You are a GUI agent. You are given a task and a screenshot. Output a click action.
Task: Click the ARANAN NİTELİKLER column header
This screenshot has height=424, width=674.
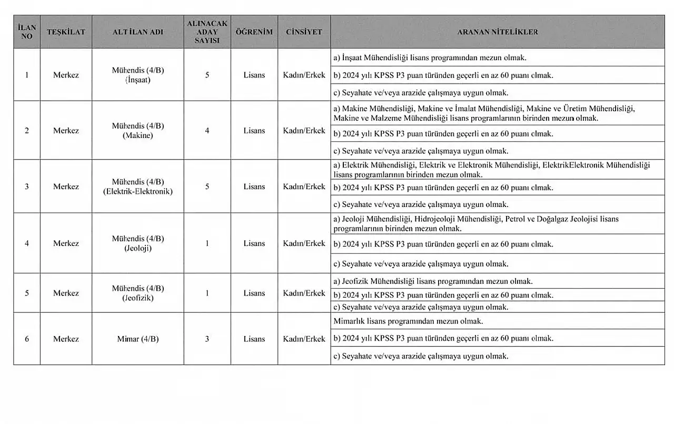pos(497,32)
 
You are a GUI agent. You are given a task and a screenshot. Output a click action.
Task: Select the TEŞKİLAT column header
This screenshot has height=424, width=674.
pos(66,32)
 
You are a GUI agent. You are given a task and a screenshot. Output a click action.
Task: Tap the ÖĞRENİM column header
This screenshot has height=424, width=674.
pos(254,32)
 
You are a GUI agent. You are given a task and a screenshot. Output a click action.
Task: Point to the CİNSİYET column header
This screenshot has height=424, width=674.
pos(304,32)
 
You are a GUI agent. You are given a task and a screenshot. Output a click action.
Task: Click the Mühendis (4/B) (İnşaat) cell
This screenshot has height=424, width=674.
pos(138,75)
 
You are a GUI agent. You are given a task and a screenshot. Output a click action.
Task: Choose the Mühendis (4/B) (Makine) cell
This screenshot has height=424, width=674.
pos(138,131)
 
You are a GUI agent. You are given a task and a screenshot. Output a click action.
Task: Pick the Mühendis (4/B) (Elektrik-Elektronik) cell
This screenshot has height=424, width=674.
pos(138,186)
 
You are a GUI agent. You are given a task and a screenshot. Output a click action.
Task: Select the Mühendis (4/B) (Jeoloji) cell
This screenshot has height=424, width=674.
pos(138,243)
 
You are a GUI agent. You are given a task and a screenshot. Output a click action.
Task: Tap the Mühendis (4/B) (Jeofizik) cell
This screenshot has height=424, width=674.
pos(138,293)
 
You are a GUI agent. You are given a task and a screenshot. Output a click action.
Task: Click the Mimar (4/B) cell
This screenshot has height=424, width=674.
pos(138,339)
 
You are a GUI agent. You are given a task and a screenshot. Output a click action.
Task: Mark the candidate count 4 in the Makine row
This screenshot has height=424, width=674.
pos(207,131)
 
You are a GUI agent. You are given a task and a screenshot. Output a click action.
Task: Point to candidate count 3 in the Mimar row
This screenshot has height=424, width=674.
pos(207,339)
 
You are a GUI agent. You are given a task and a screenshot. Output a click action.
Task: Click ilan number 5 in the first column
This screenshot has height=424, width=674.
pos(27,293)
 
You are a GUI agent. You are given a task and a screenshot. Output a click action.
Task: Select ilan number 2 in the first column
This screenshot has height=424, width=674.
pos(27,131)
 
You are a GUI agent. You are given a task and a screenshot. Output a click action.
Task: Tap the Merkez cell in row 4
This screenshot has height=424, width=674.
pos(66,243)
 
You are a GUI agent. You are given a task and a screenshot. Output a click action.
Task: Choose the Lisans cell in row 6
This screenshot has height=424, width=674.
pos(254,339)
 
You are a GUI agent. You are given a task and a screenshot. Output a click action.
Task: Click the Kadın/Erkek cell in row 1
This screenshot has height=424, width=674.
pos(304,75)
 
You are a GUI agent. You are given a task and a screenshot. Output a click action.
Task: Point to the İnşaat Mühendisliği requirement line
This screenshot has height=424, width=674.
pos(430,57)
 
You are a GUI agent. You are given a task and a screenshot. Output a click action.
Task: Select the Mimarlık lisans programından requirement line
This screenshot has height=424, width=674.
pos(408,321)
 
